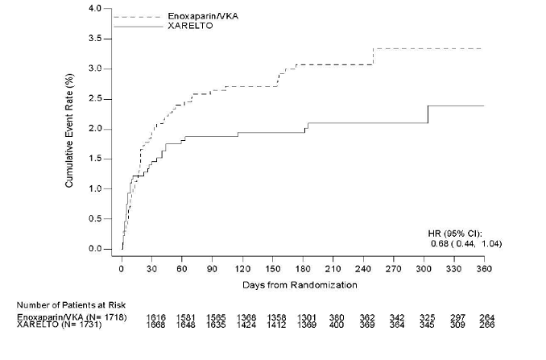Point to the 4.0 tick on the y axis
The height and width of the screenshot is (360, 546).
[x=95, y=9]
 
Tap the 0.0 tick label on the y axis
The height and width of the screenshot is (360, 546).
[x=95, y=249]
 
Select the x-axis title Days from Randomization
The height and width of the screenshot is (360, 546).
[x=300, y=285]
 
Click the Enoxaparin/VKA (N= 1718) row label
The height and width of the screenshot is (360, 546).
[x=68, y=318]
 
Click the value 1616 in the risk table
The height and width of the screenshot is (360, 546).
[x=157, y=318]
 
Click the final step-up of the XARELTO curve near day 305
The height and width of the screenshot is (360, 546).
[x=428, y=114]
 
